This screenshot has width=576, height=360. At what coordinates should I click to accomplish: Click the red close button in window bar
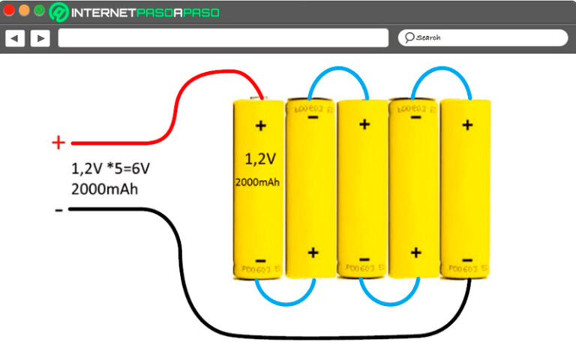(x=9, y=10)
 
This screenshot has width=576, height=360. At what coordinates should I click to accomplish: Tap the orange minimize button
(x=24, y=10)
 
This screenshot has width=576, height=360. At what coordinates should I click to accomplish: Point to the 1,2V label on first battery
(x=260, y=158)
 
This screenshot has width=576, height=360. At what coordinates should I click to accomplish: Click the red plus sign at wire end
(x=58, y=142)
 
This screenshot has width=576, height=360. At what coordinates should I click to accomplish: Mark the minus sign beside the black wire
(x=58, y=211)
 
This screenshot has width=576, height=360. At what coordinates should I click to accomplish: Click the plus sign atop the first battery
(x=261, y=125)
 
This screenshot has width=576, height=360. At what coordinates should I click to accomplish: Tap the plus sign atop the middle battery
(x=364, y=124)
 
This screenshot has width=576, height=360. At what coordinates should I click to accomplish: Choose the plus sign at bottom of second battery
(x=313, y=252)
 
